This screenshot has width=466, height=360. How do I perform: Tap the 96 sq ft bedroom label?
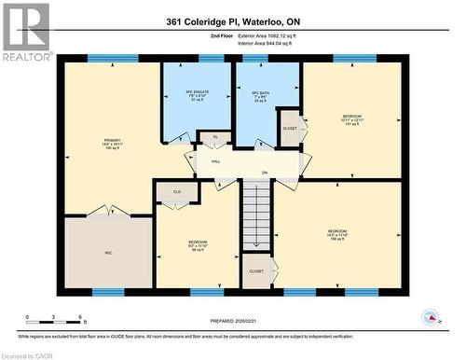tap(198, 246)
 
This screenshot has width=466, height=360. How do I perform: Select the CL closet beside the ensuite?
tap(214, 137)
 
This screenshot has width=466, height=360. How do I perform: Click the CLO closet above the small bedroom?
tap(176, 192)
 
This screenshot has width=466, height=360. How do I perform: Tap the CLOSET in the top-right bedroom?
tap(289, 129)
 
